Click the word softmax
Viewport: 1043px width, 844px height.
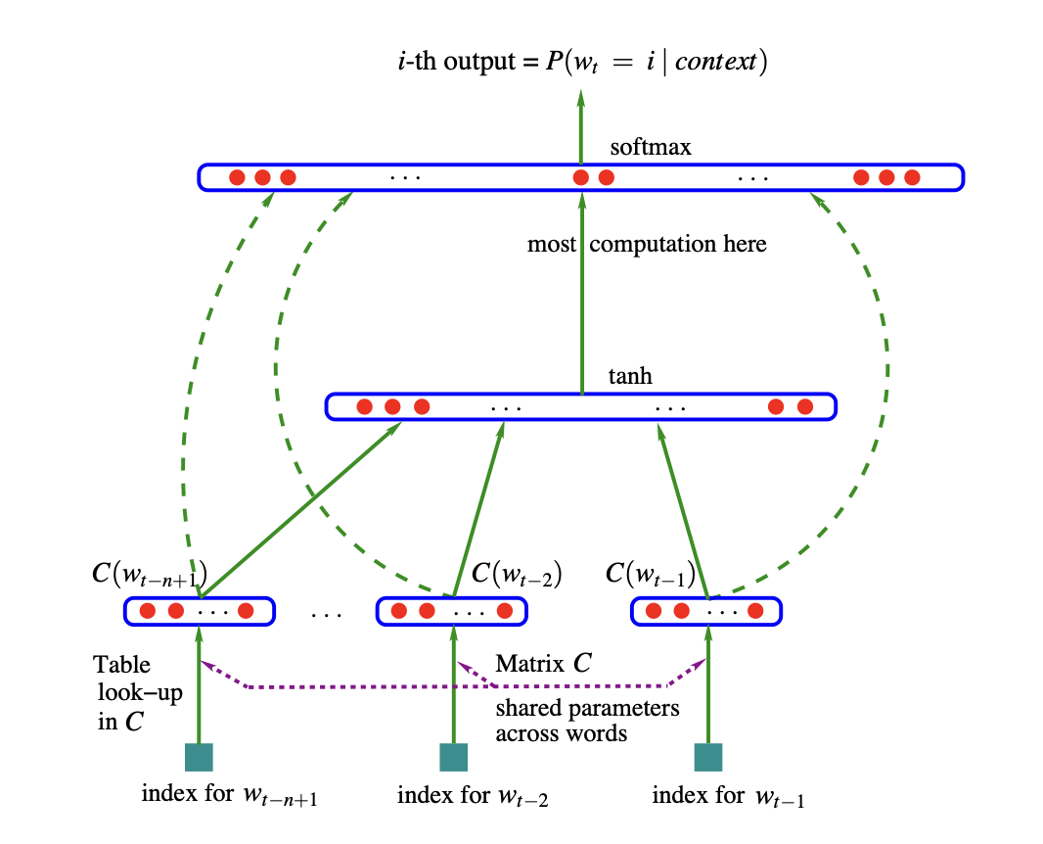[x=651, y=148]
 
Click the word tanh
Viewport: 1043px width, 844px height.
[x=630, y=377]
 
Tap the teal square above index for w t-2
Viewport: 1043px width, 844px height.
[x=453, y=757]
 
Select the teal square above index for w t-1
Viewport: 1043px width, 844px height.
[x=707, y=757]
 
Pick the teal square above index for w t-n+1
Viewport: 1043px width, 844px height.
[x=199, y=757]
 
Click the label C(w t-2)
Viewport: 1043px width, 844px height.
[x=517, y=573]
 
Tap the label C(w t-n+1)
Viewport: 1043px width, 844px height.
[x=147, y=573]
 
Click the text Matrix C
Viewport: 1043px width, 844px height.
[x=543, y=664]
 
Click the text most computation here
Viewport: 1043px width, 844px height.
[x=647, y=244]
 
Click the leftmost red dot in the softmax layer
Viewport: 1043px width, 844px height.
[x=237, y=177]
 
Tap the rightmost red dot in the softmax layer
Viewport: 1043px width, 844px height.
[x=912, y=177]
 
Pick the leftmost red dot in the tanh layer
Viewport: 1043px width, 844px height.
[x=364, y=406]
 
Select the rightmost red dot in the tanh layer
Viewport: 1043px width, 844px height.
[x=804, y=406]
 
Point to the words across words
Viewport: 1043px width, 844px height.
[x=561, y=732]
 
